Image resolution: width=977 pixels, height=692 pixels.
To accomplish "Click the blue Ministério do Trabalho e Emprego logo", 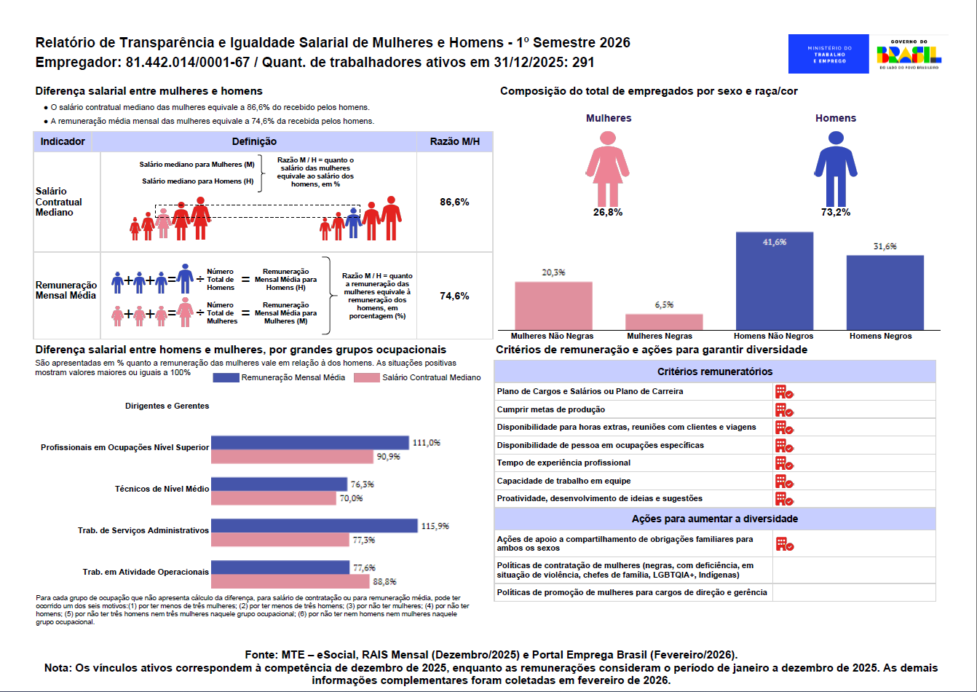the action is [828, 54].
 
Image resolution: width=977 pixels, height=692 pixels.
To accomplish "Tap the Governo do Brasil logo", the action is [909, 54].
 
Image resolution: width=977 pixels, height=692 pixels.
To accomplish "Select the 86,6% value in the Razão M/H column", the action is [454, 202].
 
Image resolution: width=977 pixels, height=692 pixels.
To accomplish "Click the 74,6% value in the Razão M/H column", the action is [454, 296].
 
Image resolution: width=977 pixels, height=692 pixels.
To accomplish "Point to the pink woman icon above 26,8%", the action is [608, 169].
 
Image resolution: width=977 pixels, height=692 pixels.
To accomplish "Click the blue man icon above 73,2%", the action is [836, 169].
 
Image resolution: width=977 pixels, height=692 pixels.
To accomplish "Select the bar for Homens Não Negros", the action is [774, 280].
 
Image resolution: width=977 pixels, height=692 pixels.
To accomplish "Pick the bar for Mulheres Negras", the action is [664, 321].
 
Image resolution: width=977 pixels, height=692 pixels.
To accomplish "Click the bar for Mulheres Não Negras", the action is [553, 305].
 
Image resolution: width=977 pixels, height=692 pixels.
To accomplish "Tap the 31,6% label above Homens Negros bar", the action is [885, 246].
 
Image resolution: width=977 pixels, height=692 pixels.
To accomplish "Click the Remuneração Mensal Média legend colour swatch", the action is [226, 377].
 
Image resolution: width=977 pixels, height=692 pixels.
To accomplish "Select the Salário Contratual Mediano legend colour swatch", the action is [367, 377].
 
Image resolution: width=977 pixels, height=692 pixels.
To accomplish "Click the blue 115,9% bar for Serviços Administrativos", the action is [314, 526].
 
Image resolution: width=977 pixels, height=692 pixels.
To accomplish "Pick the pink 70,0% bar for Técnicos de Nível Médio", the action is [274, 498].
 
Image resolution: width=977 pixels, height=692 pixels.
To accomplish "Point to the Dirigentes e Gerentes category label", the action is [167, 406].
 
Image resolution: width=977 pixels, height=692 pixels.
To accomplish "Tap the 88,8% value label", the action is [384, 581].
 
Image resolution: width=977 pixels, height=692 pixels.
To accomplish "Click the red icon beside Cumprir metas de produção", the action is [784, 409].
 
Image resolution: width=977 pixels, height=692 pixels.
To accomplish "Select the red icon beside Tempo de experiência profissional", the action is [784, 463].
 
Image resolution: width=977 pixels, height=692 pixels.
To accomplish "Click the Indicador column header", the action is [63, 141].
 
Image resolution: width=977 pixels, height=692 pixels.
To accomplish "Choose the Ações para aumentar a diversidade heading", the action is [715, 519].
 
